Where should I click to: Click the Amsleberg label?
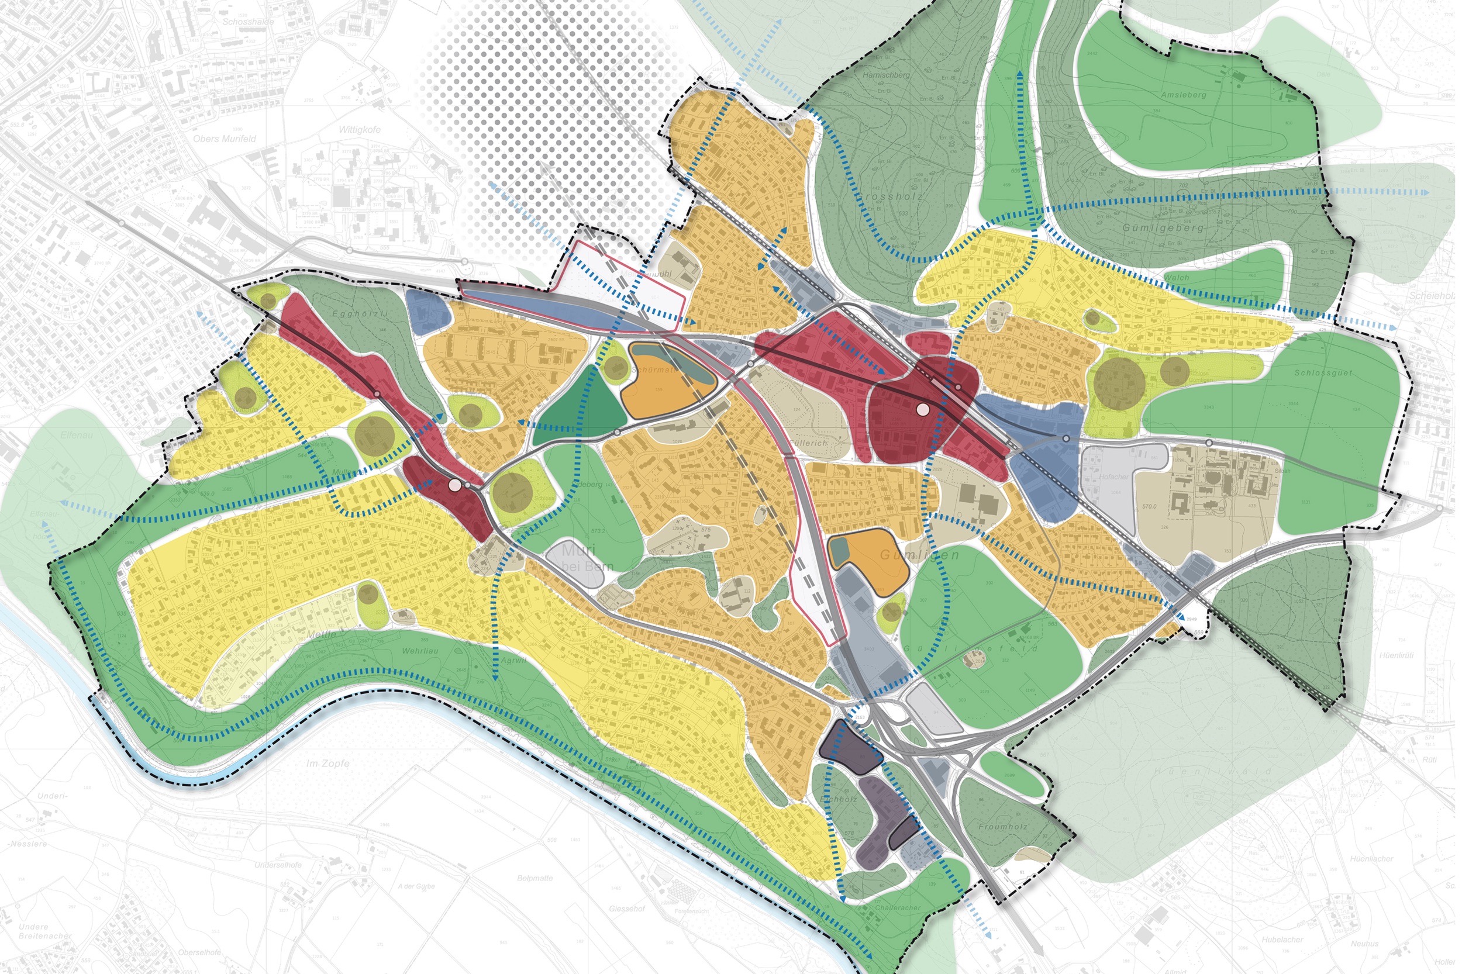point(1183,95)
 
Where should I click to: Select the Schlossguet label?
point(1323,373)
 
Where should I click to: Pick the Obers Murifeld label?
point(225,139)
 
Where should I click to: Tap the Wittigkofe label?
point(358,130)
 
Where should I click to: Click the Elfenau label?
point(77,436)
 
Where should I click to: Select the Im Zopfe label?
point(327,763)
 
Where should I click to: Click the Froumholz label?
point(1003,827)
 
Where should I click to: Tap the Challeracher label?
point(897,907)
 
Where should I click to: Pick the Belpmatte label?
point(535,878)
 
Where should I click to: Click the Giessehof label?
point(627,908)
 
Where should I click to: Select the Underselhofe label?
point(278,865)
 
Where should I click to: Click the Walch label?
point(1177,278)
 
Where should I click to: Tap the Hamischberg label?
point(886,75)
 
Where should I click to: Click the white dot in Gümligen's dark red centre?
point(923,409)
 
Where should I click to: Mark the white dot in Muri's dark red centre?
point(455,485)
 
